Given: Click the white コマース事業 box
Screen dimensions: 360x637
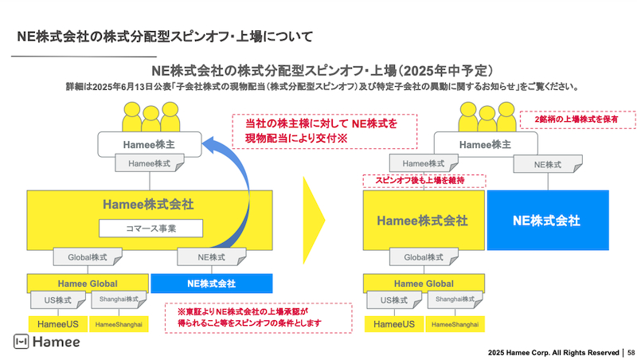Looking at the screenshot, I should (x=151, y=229).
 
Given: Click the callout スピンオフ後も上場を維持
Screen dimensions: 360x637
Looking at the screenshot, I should (x=414, y=181).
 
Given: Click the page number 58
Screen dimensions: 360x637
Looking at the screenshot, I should (x=631, y=351).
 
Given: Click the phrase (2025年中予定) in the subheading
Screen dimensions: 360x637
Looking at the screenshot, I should (x=449, y=70).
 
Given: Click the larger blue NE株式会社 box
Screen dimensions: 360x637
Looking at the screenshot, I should (x=545, y=220).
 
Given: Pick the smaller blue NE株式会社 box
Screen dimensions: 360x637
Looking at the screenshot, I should (x=212, y=283).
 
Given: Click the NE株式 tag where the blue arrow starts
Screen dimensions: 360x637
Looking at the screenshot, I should (x=212, y=257).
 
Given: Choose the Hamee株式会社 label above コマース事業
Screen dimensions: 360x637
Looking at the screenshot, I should (x=151, y=204).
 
